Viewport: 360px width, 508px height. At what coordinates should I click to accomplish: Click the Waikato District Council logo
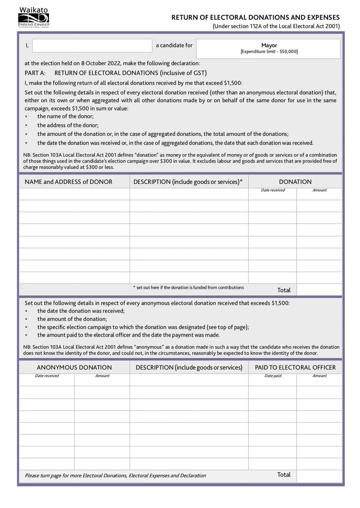click(x=33, y=18)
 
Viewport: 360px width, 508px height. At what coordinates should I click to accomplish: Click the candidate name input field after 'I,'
click(x=92, y=45)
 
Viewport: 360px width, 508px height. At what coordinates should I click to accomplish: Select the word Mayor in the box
click(x=269, y=45)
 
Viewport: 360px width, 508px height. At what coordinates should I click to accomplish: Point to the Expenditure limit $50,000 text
click(x=269, y=52)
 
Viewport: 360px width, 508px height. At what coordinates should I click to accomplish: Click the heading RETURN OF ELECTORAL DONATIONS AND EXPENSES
click(x=256, y=17)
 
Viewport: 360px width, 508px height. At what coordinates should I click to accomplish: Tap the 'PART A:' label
click(x=35, y=72)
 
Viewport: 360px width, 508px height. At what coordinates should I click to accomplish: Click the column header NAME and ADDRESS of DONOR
click(x=68, y=182)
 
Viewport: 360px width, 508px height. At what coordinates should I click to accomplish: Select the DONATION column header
click(x=295, y=182)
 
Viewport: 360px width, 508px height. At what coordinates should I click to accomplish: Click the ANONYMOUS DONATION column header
click(x=74, y=367)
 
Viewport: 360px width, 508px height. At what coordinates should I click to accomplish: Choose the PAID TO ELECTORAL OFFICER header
click(x=295, y=367)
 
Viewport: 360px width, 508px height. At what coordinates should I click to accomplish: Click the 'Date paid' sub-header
click(x=273, y=376)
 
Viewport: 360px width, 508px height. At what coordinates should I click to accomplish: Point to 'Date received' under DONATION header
click(x=273, y=190)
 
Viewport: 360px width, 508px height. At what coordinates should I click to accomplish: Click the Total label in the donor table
click(x=284, y=290)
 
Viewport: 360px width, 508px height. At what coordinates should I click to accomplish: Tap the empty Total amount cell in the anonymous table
click(x=319, y=475)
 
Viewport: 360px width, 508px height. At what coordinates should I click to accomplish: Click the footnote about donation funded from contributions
click(x=189, y=287)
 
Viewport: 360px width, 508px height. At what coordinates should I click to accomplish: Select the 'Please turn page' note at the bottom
click(x=115, y=476)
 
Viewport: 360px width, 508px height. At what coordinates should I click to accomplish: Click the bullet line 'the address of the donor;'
click(x=68, y=125)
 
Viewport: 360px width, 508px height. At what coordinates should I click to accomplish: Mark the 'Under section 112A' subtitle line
click(x=276, y=26)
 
